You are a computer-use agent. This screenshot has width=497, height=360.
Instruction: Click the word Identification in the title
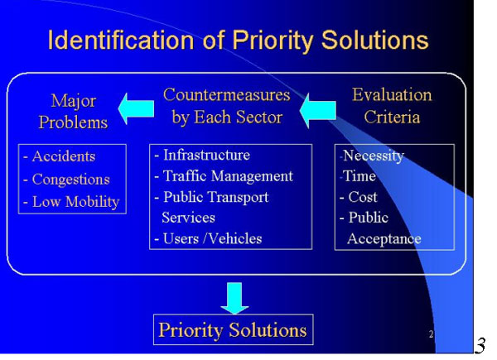[121, 41]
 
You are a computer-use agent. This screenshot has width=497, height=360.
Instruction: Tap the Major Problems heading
[73, 112]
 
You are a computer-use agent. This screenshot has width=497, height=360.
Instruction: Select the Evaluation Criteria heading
[392, 106]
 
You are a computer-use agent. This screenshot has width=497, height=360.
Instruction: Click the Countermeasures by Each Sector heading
[227, 106]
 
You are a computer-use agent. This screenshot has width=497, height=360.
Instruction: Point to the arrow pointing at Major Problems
[136, 108]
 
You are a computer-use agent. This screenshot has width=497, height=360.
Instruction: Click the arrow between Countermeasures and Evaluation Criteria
[318, 111]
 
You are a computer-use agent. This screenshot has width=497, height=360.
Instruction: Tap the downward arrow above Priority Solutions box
[234, 298]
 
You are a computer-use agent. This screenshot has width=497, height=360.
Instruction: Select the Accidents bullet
[60, 156]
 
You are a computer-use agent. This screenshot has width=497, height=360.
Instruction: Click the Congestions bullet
[66, 180]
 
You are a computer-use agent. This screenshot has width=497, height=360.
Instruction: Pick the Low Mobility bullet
[71, 202]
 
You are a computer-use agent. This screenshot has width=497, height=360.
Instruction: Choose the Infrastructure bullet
[202, 155]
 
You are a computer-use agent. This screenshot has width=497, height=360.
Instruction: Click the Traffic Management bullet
[224, 176]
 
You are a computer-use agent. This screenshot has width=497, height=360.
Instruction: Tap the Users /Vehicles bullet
[208, 238]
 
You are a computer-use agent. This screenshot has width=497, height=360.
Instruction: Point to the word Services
[188, 218]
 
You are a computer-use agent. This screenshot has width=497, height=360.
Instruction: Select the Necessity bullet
[372, 156]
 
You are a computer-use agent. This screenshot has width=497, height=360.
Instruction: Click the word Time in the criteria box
[359, 176]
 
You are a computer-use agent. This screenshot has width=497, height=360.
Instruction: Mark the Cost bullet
[359, 197]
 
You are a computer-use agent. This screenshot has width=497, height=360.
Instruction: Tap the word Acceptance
[384, 238]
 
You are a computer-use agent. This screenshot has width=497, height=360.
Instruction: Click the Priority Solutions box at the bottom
[234, 329]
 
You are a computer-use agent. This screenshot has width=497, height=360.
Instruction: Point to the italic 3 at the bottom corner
[480, 346]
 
